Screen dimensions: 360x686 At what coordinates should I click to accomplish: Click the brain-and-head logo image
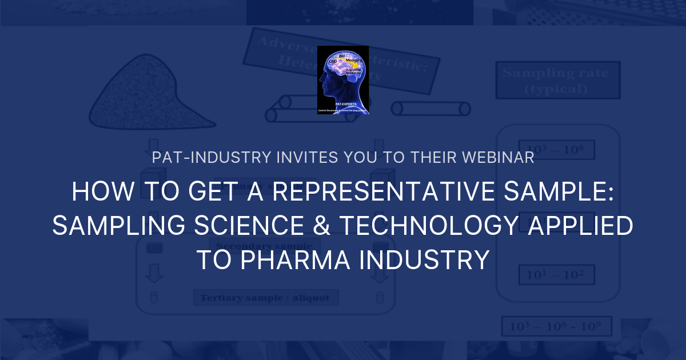pos(343,80)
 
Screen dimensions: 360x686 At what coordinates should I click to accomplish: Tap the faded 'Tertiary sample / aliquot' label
pos(266,298)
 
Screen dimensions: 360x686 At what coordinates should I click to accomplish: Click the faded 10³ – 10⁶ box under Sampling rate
pos(556,150)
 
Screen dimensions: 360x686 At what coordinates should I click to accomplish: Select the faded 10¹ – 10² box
pos(556,275)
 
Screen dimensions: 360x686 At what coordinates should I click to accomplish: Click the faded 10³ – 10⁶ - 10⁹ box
pos(556,326)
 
